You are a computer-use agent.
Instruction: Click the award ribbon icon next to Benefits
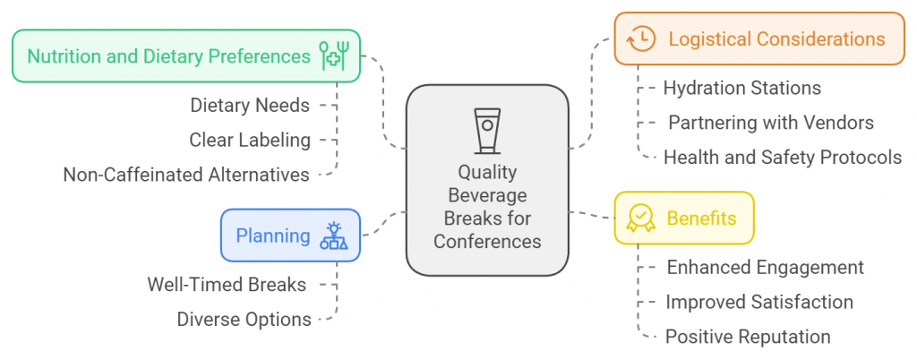(640, 219)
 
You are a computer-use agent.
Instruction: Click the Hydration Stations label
(742, 88)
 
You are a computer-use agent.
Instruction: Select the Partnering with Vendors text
(770, 123)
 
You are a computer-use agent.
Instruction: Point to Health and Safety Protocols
(782, 158)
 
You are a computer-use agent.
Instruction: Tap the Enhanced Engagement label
(765, 267)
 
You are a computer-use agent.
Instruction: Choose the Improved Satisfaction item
(758, 302)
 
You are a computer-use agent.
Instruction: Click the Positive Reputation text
(748, 337)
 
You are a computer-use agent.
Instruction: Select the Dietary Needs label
(250, 106)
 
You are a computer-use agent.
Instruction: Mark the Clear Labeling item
(250, 140)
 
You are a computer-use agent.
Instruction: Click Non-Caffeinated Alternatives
(186, 175)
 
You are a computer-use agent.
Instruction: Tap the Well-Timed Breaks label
(227, 285)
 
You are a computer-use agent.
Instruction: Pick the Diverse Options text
(244, 320)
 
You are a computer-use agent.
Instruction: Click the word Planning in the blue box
(273, 236)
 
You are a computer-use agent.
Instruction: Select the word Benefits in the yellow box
(702, 218)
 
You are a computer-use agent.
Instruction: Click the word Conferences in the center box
(487, 241)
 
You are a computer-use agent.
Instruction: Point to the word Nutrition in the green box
(64, 56)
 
